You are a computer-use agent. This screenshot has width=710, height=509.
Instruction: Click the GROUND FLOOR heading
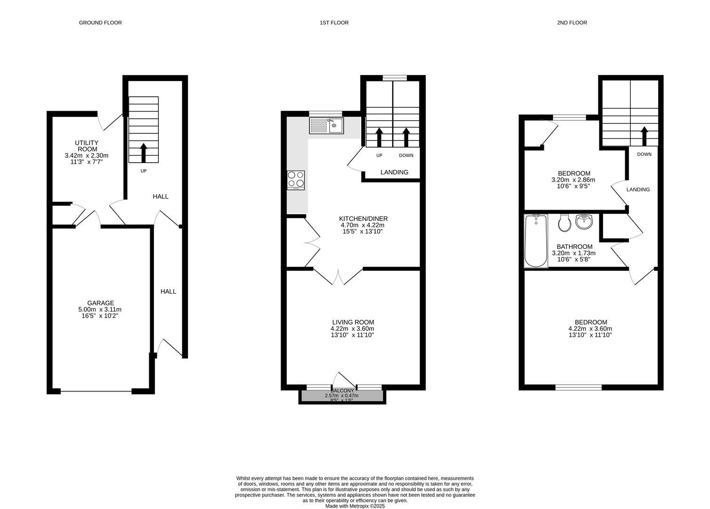point(100,23)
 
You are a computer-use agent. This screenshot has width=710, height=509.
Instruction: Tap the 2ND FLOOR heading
point(572,23)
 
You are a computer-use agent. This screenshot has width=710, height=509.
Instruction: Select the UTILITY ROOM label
point(87,146)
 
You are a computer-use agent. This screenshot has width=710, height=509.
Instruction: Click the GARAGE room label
point(100,303)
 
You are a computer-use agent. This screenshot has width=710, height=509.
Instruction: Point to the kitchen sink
point(326,126)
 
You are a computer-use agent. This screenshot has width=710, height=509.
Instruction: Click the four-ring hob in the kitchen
point(296,180)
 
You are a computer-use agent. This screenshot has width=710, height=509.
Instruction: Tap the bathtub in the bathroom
point(536,241)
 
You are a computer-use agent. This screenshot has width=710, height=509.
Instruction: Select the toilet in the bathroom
point(565,223)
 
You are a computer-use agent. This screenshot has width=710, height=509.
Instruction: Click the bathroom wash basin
point(584,222)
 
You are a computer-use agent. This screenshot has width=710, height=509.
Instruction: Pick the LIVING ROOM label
point(353,322)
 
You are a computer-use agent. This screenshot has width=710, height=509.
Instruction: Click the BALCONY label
point(342,391)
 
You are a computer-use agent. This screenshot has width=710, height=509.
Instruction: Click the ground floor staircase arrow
point(144,152)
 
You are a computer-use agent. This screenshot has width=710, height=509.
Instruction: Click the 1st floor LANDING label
point(394,172)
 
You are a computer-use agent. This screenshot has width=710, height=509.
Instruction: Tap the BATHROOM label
point(574,246)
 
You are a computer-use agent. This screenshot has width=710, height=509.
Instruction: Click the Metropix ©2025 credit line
point(355,506)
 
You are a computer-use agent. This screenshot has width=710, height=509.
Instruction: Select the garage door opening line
point(96,392)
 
